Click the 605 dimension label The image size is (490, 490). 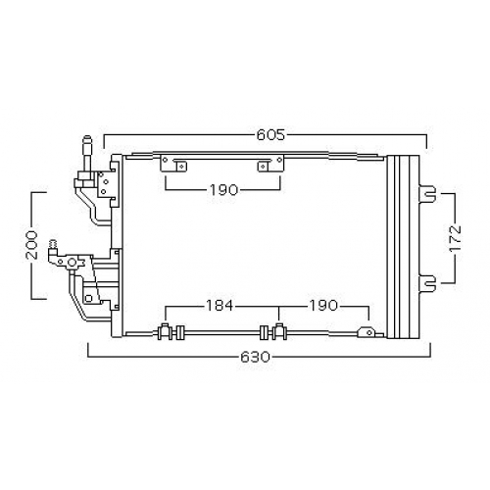tap(270, 134)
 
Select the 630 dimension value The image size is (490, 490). tap(256, 357)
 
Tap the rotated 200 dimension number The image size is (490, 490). tap(31, 245)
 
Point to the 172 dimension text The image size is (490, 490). tap(455, 238)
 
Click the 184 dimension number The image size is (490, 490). tap(220, 306)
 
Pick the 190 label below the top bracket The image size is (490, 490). tap(224, 190)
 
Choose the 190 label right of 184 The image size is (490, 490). tap(322, 306)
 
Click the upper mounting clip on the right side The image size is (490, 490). tap(427, 194)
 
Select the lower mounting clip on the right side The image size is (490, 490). tap(427, 283)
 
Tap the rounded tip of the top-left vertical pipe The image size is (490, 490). tap(88, 137)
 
